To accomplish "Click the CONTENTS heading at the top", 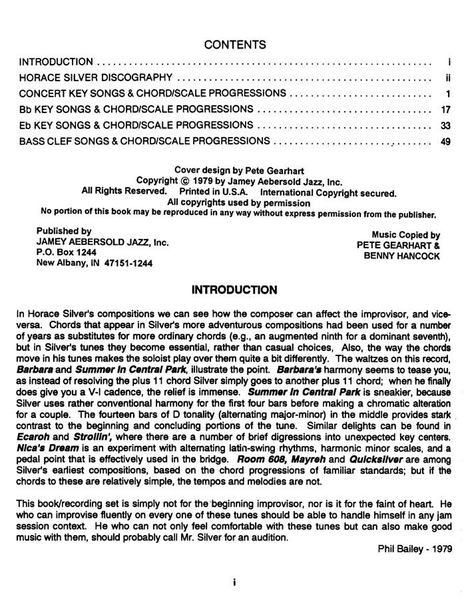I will pos(235,45).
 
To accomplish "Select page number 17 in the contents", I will pos(446,109).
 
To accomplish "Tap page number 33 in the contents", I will pos(446,125).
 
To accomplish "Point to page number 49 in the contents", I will pos(446,141).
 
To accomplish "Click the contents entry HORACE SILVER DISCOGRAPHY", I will pos(96,77).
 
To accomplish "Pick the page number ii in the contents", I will pos(449,77).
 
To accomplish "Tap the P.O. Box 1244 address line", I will pos(63,253).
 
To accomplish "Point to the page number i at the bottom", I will pos(234,581).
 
